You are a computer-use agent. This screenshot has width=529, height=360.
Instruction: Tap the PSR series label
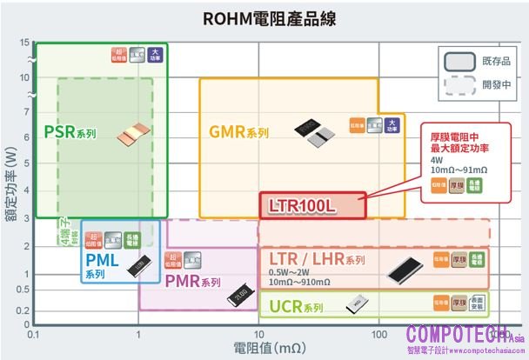[x=70, y=134]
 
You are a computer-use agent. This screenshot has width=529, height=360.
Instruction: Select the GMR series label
[x=238, y=133]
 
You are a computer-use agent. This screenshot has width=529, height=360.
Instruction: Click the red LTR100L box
[x=311, y=205]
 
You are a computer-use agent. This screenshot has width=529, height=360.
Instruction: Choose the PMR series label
[x=192, y=282]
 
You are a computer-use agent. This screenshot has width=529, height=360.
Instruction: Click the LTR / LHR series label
[x=317, y=260]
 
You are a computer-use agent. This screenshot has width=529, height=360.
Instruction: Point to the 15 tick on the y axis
[x=23, y=43]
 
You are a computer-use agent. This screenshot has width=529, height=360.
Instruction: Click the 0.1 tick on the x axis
[x=33, y=334]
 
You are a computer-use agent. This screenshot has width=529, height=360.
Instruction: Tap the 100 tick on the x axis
[x=378, y=334]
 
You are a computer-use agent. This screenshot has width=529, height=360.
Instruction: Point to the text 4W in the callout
[x=437, y=160]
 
